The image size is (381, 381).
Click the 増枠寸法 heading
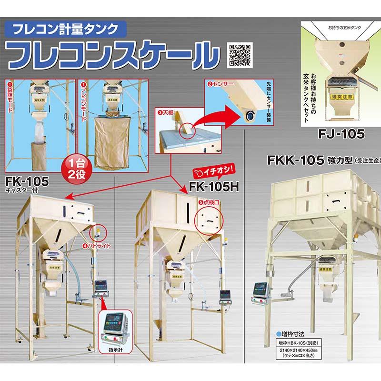[x=291, y=334]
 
